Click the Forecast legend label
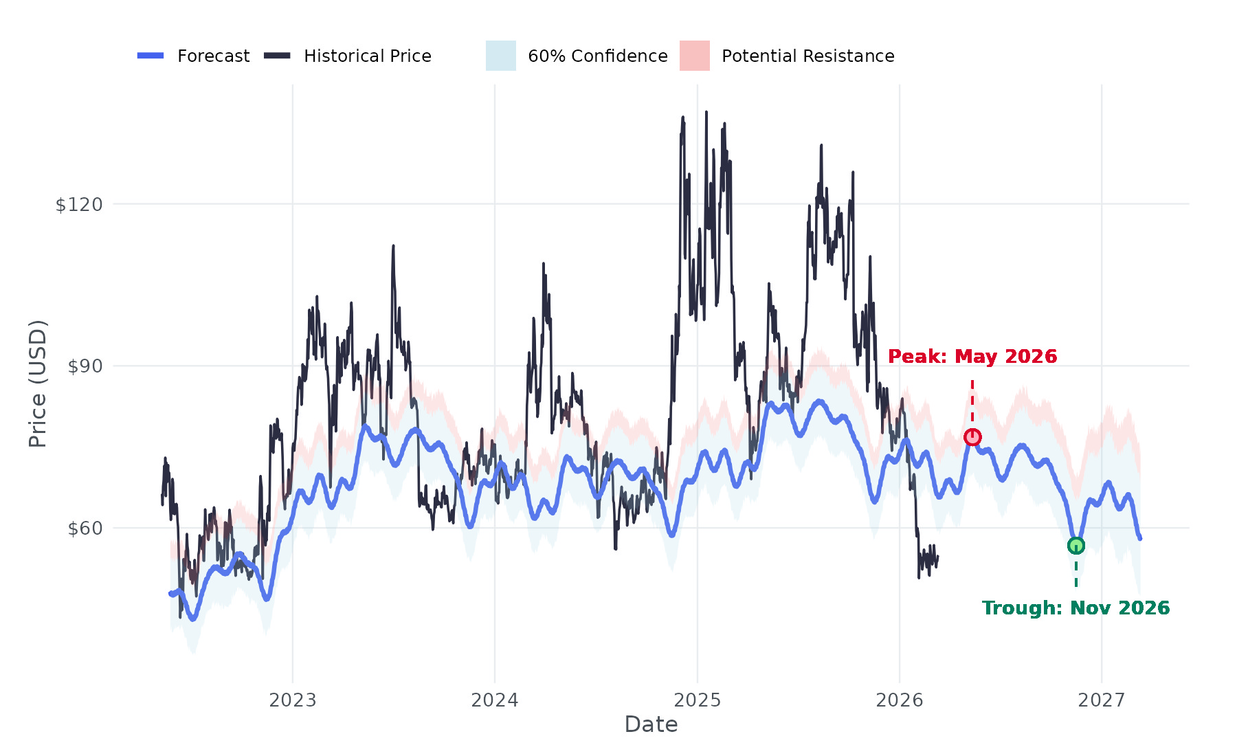coord(213,56)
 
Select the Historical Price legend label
coord(367,56)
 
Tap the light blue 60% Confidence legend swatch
coord(500,56)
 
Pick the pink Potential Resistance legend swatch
coord(694,56)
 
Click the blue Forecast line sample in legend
coord(151,56)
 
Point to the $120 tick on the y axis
coord(78,204)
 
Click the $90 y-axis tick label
coord(85,366)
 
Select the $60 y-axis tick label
coord(85,529)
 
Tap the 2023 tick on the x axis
coord(293,700)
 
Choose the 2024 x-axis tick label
coord(495,700)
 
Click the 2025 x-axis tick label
coord(698,700)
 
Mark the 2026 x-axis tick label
coord(900,700)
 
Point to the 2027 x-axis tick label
coord(1102,700)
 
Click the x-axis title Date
coord(651,724)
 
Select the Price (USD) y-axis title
coord(38,383)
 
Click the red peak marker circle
coord(972,437)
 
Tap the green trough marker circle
coord(1076,546)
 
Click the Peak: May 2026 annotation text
coord(972,357)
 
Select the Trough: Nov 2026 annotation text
coord(1076,608)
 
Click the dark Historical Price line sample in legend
coord(277,56)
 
